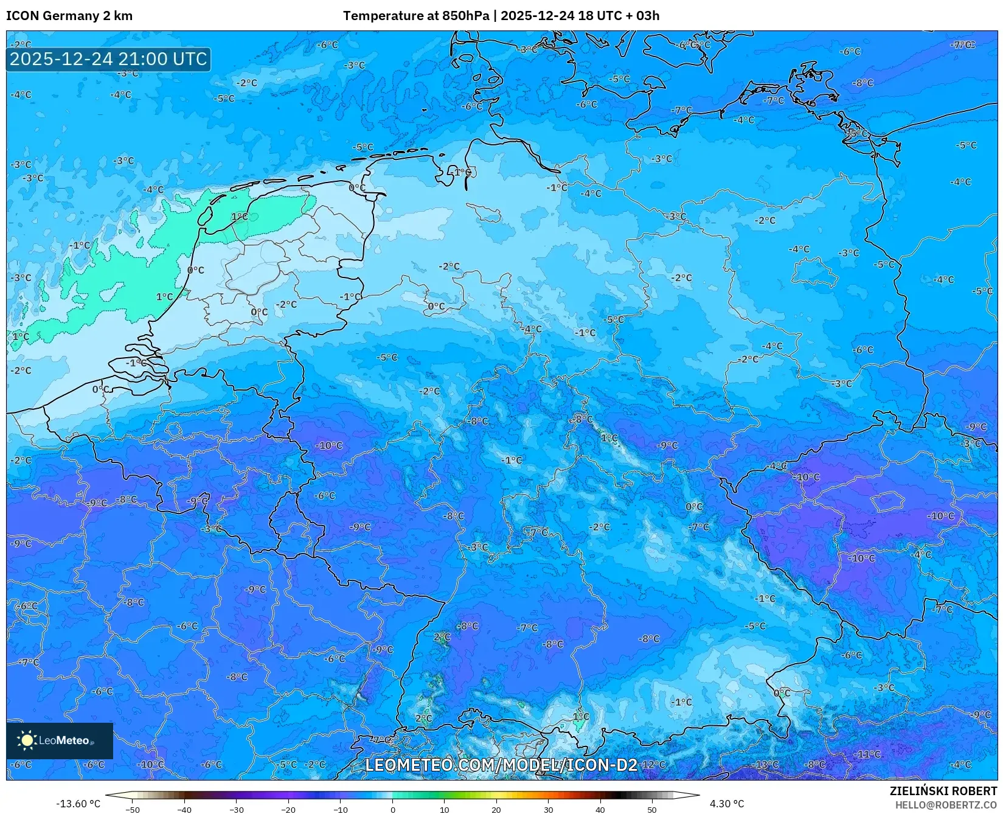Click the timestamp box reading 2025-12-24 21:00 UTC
(108, 59)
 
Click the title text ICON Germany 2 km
(69, 16)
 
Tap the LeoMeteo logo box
(60, 740)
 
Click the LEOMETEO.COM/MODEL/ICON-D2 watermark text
(501, 765)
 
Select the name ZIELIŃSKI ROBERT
(943, 791)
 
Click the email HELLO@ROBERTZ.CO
(946, 805)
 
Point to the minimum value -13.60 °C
(78, 804)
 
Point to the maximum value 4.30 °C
(727, 804)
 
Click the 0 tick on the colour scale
(392, 809)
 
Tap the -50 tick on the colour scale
(132, 809)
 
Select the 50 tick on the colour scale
(652, 809)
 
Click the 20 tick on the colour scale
(496, 809)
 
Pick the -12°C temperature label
(653, 764)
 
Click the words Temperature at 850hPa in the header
(415, 16)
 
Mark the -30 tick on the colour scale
(236, 809)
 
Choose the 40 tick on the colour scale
(600, 809)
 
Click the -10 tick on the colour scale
(340, 809)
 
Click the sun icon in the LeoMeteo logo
(27, 740)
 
